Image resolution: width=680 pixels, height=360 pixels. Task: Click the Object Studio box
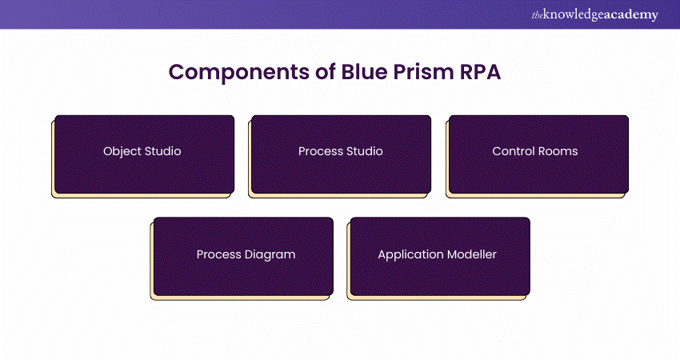[144, 154]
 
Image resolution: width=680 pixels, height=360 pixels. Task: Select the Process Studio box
[341, 154]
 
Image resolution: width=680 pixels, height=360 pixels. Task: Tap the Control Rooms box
[538, 154]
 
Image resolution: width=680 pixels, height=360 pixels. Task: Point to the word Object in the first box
[122, 151]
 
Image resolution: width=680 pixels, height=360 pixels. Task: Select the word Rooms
[558, 151]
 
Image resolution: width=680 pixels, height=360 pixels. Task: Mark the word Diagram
[270, 254]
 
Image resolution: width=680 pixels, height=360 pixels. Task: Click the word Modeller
[472, 254]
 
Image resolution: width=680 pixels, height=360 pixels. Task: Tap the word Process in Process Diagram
[218, 254]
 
